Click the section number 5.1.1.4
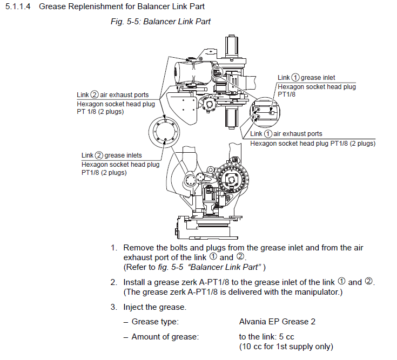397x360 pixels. [18, 7]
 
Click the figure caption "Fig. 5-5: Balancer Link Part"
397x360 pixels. [160, 22]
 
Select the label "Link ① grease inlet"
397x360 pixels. [306, 78]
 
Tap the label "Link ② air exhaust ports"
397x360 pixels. [112, 95]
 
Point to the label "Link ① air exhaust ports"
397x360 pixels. [286, 134]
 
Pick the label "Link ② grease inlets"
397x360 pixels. [111, 155]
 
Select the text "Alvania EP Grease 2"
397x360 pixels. [277, 322]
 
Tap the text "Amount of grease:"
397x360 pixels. [165, 337]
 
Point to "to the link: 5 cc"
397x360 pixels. [266, 337]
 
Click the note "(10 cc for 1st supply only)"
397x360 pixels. [286, 346]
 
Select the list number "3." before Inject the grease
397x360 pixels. [114, 307]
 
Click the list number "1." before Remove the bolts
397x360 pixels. [114, 248]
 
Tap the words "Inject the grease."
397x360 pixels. [155, 307]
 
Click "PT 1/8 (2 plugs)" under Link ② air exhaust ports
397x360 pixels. [100, 112]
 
